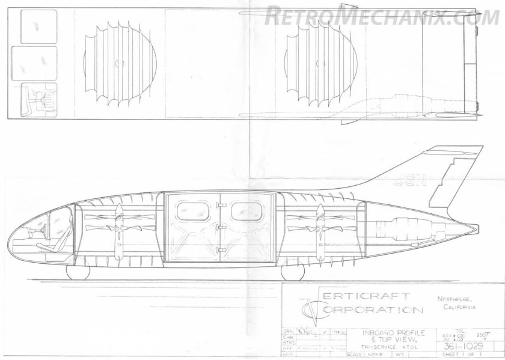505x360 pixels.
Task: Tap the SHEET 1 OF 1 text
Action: [474, 356]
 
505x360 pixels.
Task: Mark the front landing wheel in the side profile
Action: [76, 272]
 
